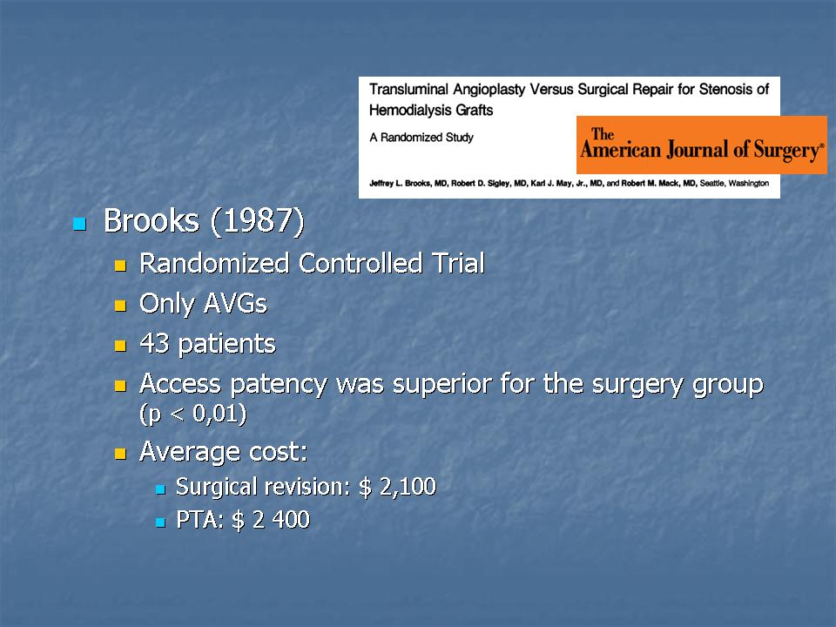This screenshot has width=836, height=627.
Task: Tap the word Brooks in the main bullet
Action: (x=152, y=220)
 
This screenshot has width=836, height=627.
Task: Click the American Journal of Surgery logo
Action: (x=702, y=145)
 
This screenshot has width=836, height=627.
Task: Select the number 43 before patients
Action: (x=154, y=343)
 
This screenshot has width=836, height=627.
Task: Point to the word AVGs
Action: (x=235, y=303)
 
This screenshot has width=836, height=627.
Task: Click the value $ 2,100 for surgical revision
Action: (x=398, y=486)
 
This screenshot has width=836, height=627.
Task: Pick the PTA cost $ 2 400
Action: (x=271, y=519)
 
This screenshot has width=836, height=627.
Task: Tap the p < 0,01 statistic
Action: (x=193, y=414)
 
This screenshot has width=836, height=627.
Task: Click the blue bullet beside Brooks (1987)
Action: (x=79, y=224)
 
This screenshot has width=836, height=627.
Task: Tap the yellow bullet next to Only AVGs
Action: (x=120, y=306)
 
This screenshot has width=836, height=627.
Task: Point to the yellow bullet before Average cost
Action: (x=120, y=454)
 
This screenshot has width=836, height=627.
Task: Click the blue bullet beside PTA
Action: (x=160, y=522)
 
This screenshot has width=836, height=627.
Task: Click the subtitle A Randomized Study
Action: (x=421, y=138)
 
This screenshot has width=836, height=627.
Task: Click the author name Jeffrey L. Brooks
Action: (x=401, y=184)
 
